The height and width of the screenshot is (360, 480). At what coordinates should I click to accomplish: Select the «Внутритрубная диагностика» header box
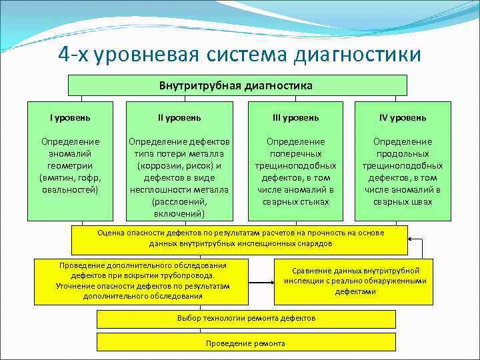[x=236, y=85]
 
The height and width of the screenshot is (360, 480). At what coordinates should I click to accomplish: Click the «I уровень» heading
[x=70, y=117]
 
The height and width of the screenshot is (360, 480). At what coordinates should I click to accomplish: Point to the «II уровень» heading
[x=179, y=117]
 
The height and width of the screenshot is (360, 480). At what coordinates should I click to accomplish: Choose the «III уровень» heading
[x=295, y=117]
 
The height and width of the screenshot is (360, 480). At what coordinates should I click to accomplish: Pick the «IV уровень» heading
[x=403, y=117]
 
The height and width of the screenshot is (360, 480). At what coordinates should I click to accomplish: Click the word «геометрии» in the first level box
[x=70, y=165]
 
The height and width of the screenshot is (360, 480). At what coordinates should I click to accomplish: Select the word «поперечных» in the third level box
[x=295, y=153]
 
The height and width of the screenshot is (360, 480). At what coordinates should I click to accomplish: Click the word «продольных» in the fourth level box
[x=403, y=153]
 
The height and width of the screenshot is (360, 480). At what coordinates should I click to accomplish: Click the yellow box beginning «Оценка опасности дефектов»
[x=240, y=239]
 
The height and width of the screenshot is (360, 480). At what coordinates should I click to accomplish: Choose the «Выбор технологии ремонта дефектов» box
[x=246, y=319]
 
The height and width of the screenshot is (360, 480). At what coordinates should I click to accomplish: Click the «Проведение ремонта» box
[x=246, y=343]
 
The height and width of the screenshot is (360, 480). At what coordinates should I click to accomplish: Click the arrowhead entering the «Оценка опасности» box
[x=411, y=239]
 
